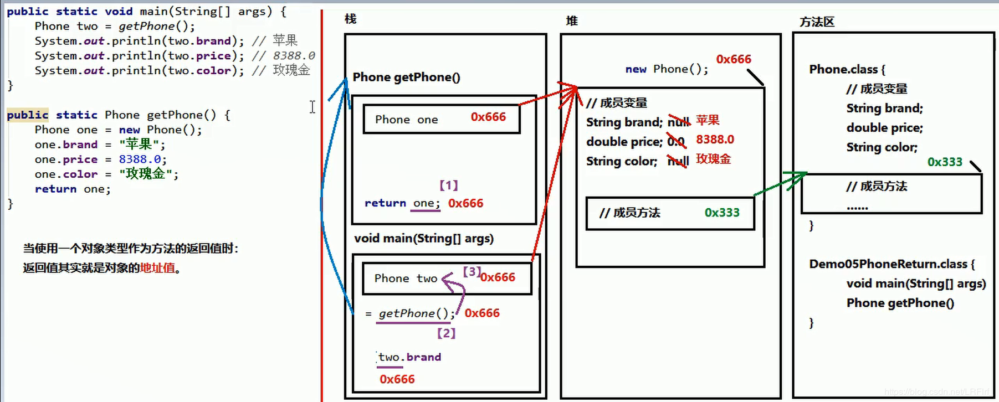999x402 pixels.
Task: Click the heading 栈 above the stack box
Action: [x=350, y=19]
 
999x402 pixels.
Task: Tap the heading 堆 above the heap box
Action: [x=572, y=21]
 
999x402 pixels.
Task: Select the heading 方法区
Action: [x=817, y=22]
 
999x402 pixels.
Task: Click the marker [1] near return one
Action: [x=449, y=185]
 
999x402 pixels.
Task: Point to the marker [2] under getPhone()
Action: [x=446, y=333]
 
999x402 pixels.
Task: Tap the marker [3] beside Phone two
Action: [x=472, y=271]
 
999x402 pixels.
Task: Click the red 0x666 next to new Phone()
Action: [x=734, y=59]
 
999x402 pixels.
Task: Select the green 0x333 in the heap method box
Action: [x=722, y=213]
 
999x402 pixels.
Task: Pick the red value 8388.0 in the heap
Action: [x=715, y=140]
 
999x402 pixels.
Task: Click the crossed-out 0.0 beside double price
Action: [x=676, y=142]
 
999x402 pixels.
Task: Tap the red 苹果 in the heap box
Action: [x=708, y=120]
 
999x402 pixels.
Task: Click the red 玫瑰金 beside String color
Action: [x=713, y=159]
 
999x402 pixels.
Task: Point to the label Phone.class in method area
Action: [x=843, y=69]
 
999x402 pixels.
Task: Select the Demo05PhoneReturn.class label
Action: [x=888, y=264]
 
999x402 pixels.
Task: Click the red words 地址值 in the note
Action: [x=157, y=268]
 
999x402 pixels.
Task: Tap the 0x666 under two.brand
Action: [x=397, y=379]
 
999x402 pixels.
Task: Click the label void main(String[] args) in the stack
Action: [x=424, y=239]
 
